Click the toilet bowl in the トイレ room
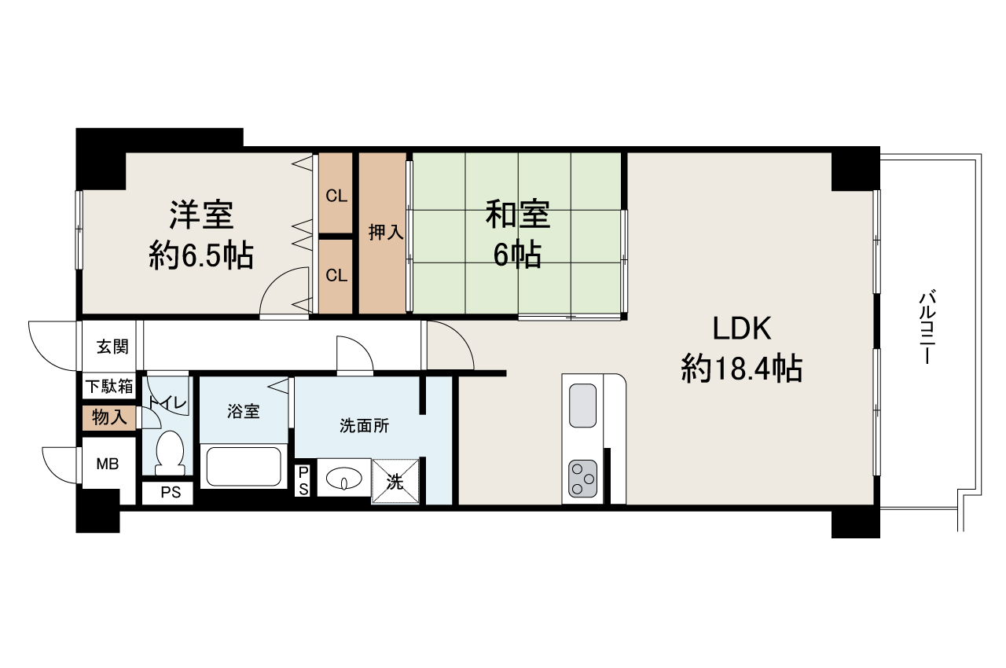[x=171, y=453]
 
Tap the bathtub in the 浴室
[x=244, y=467]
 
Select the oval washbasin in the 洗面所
[x=344, y=478]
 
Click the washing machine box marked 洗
[x=395, y=481]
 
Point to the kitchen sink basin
[x=583, y=406]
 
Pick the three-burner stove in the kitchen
[x=583, y=479]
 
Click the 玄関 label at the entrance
[x=112, y=347]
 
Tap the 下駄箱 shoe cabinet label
[x=109, y=386]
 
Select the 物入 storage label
[x=109, y=417]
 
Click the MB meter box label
[x=108, y=464]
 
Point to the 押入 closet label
[x=386, y=232]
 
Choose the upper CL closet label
[x=336, y=196]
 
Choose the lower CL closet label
[x=336, y=275]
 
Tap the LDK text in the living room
[x=741, y=328]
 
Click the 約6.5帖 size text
[x=201, y=255]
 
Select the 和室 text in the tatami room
[x=517, y=215]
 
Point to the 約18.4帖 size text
[x=742, y=369]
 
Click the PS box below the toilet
[x=171, y=493]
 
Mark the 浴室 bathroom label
[x=244, y=411]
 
